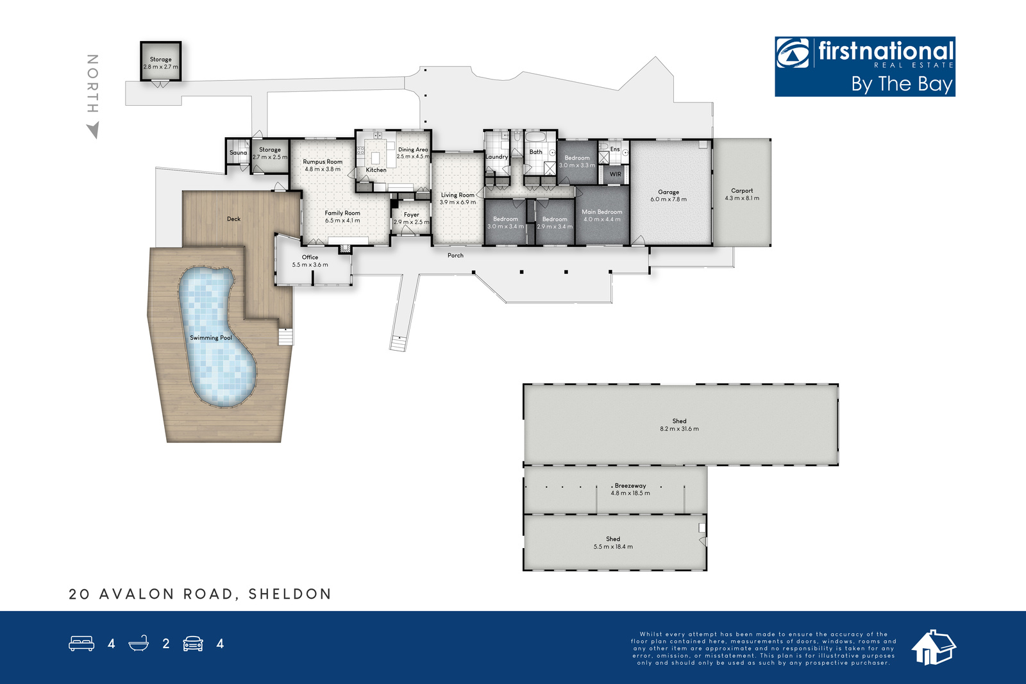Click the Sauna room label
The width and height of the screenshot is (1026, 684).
coord(238,153)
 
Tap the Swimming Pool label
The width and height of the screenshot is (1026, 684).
coord(211,338)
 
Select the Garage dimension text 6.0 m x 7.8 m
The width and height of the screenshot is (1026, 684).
coord(668,199)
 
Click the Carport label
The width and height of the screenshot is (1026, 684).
coord(741,190)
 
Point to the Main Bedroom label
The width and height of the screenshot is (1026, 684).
coord(602,212)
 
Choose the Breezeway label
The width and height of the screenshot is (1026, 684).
coord(630,486)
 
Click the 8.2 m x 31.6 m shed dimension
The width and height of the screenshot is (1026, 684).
coord(679,429)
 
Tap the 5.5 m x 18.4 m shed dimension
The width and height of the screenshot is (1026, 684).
coord(613,547)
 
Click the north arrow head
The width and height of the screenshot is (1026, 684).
coord(94,129)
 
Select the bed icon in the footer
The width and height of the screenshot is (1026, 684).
coord(81,643)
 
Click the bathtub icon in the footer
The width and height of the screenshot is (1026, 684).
coord(139,643)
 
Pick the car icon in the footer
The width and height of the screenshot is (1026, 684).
coord(193,643)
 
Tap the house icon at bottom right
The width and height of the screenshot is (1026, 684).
coord(934,647)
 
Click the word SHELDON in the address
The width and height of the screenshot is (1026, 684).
coord(289,594)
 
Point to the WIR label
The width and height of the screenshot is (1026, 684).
coord(616,174)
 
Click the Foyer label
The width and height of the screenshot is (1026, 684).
coord(411,215)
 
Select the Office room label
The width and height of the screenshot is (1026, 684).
coord(310,257)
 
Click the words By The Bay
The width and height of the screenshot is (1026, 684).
coord(902,84)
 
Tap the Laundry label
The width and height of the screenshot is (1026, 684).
coord(496,156)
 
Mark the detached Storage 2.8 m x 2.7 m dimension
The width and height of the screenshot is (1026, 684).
coord(161,67)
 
